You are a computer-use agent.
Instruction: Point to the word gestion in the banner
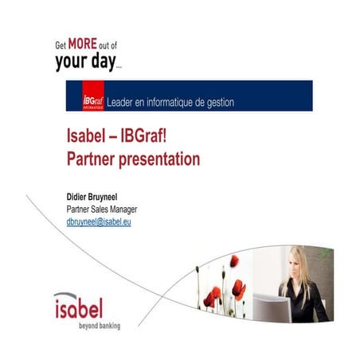click(x=230, y=102)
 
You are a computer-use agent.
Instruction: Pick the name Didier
click(x=80, y=194)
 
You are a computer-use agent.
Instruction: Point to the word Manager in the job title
click(x=131, y=208)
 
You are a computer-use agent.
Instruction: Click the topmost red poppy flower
click(x=233, y=261)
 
